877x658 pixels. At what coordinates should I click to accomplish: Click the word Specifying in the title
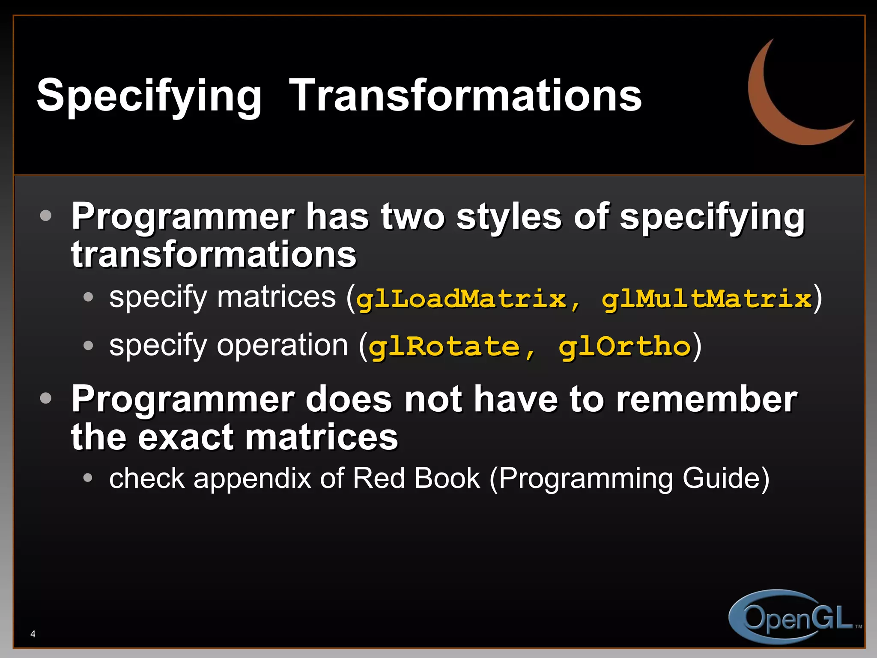pos(149,96)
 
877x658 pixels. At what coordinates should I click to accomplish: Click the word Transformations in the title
pos(465,96)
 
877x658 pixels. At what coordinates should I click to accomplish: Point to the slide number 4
pos(33,634)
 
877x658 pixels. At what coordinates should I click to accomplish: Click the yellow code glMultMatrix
pos(707,299)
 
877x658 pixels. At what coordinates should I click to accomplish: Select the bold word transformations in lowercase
pos(214,254)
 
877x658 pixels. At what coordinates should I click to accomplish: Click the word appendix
pos(252,479)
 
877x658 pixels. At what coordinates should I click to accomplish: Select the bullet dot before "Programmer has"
pos(45,215)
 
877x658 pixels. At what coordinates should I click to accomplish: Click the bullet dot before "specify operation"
pos(88,345)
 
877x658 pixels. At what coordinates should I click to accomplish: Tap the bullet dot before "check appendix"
pos(88,478)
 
